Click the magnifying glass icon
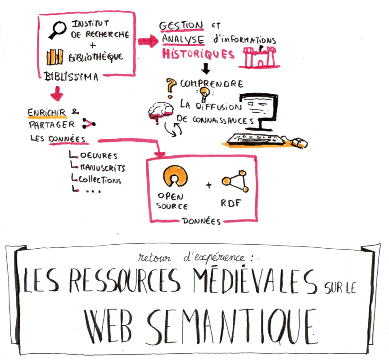point(58,29)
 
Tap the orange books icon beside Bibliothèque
point(55,56)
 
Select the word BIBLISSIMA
point(71,77)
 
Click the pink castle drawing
point(259,57)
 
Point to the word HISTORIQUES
point(199,55)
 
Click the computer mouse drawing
point(299,143)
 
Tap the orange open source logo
point(174,177)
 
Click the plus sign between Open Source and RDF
point(208,185)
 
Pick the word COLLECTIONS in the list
point(100,179)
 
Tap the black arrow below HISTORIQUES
point(206,68)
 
